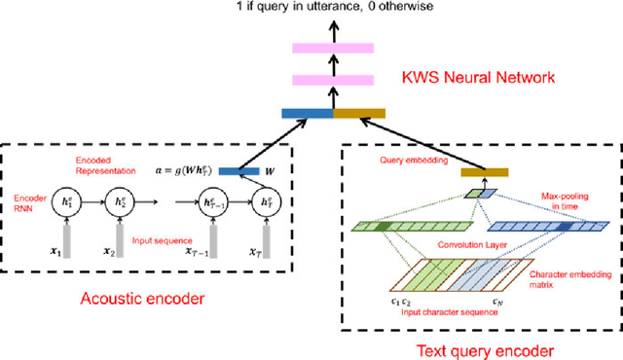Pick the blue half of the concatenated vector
point(308,114)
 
